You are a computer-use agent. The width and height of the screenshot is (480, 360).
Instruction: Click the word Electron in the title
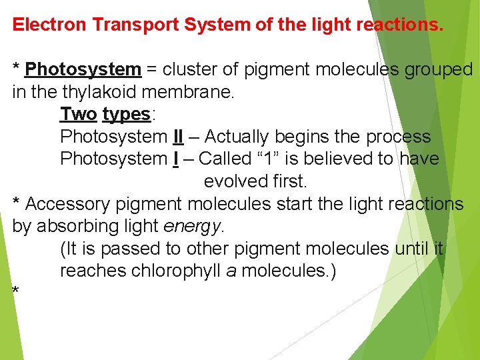coord(50,25)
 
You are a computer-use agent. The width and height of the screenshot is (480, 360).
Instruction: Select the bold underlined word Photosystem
coord(83,69)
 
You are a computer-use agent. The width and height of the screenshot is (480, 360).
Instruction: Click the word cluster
coord(193,69)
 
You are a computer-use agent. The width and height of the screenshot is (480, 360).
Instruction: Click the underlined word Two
coord(78,114)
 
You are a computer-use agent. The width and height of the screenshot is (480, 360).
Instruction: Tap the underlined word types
coord(126,114)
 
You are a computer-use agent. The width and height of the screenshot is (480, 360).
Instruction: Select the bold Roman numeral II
coord(178,137)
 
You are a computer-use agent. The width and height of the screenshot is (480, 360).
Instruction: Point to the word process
coord(398,137)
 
